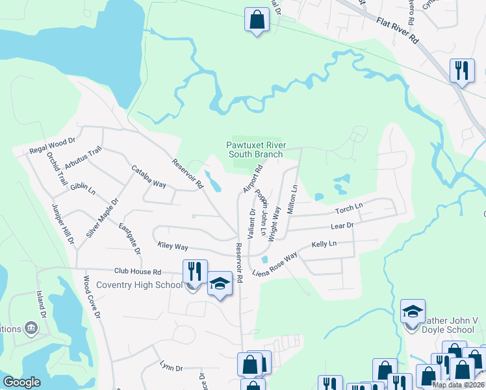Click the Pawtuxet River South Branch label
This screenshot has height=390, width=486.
coord(255,149)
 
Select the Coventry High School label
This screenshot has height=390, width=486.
coord(139,285)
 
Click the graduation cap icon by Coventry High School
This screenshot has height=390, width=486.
coord(220,283)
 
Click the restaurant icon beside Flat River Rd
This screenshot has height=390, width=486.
coord(461,70)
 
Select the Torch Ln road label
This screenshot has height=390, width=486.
coord(348,210)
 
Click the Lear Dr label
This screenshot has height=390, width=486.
coord(342,226)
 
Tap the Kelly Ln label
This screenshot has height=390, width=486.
coord(324,244)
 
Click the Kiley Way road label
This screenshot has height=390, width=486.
coord(173,247)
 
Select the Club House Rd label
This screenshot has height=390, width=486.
coord(138,272)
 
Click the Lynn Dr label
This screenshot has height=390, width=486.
coord(172,367)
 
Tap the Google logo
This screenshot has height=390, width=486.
coord(21,382)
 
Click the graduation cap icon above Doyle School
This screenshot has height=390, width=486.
coord(412,311)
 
